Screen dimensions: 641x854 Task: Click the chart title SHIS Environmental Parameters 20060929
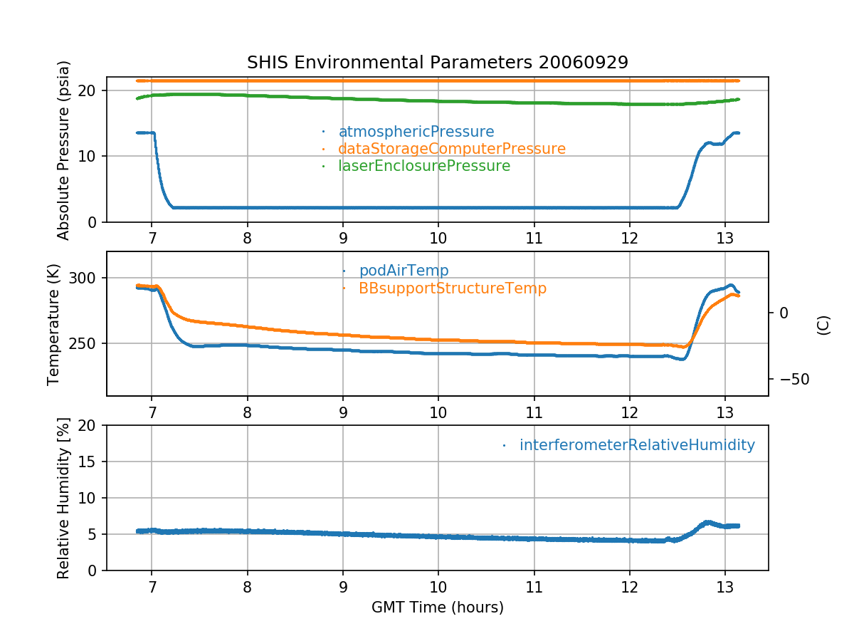437,62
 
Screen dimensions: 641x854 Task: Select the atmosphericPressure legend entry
416,132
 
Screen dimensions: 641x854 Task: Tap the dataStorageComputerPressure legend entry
451,149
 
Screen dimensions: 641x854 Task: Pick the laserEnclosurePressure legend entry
423,166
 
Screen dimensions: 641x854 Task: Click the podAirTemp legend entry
404,271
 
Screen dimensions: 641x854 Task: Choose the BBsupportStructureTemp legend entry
453,288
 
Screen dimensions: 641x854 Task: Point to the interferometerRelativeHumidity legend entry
636,445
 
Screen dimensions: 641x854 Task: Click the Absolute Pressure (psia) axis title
64,150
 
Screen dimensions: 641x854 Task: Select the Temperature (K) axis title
54,324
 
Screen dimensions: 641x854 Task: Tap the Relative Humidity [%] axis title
64,498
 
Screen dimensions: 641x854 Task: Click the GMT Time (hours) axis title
437,608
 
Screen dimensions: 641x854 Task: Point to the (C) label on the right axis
823,324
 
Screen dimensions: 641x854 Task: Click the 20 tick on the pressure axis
89,90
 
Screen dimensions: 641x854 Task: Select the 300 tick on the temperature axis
85,278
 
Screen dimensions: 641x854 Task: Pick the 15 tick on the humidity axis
89,462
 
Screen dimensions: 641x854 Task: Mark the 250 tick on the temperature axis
85,343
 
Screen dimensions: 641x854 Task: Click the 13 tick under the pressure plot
724,236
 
